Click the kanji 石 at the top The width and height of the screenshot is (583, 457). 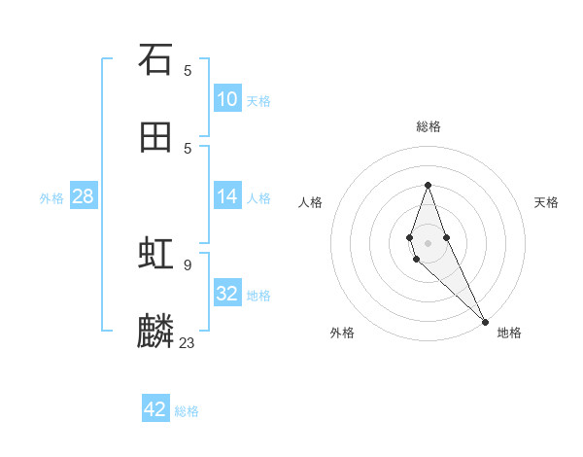pyautogui.click(x=155, y=60)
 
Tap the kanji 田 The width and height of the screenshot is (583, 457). pyautogui.click(x=155, y=138)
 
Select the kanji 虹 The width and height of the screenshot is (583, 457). pyautogui.click(x=155, y=255)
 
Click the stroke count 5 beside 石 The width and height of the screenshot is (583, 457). pyautogui.click(x=188, y=70)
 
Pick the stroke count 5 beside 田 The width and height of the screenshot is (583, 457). pyautogui.click(x=188, y=148)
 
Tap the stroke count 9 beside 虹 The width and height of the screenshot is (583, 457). pyautogui.click(x=188, y=264)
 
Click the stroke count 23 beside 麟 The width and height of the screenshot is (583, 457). pyautogui.click(x=188, y=342)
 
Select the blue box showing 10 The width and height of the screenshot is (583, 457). pyautogui.click(x=227, y=99)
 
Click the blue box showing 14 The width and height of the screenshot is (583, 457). pyautogui.click(x=227, y=196)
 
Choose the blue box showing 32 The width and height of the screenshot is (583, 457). pyautogui.click(x=227, y=294)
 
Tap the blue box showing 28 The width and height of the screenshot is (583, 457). pyautogui.click(x=84, y=196)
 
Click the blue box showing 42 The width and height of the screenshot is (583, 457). pyautogui.click(x=155, y=409)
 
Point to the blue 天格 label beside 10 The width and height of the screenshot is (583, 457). pyautogui.click(x=258, y=101)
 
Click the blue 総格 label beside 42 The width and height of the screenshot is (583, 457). pyautogui.click(x=187, y=411)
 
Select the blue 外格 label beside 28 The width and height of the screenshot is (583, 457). pyautogui.click(x=51, y=198)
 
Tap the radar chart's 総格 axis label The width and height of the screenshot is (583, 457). pyautogui.click(x=429, y=126)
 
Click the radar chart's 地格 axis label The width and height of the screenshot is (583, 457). pyautogui.click(x=509, y=334)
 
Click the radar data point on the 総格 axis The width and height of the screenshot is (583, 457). pyautogui.click(x=428, y=185)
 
